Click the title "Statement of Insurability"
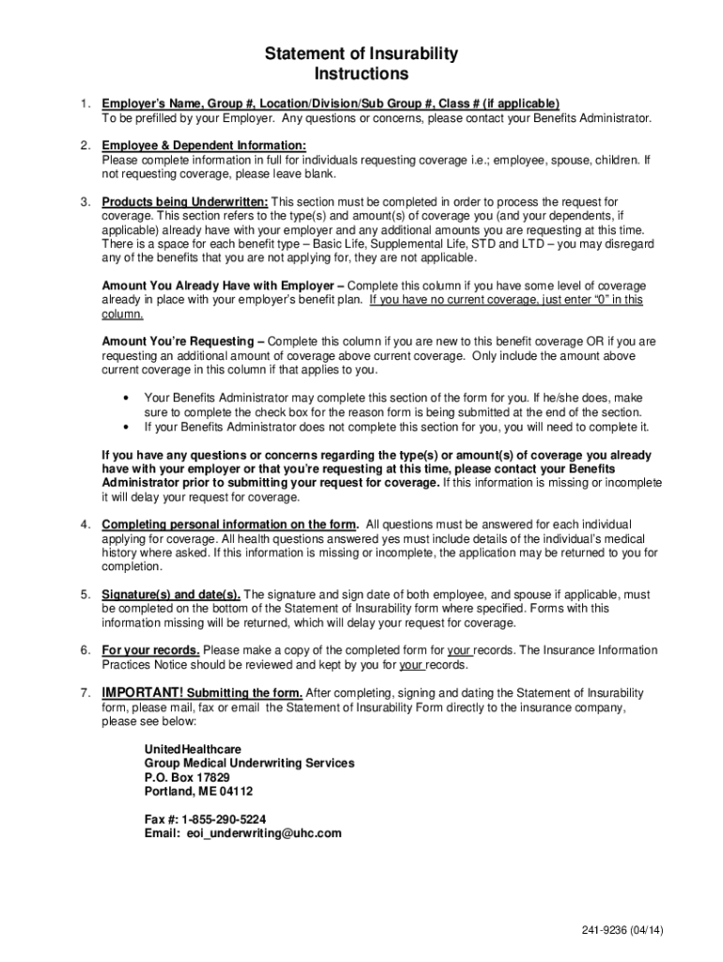(x=361, y=54)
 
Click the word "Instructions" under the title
(x=361, y=73)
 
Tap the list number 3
(x=85, y=202)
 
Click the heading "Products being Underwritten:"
(x=185, y=202)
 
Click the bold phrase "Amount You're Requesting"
(x=177, y=341)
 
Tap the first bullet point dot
(x=125, y=398)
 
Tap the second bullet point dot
(x=125, y=427)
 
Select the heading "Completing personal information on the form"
(x=229, y=524)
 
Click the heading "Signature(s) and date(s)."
(x=171, y=595)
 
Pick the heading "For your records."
(x=150, y=650)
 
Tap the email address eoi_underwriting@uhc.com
(x=264, y=833)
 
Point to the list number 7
(x=85, y=693)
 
